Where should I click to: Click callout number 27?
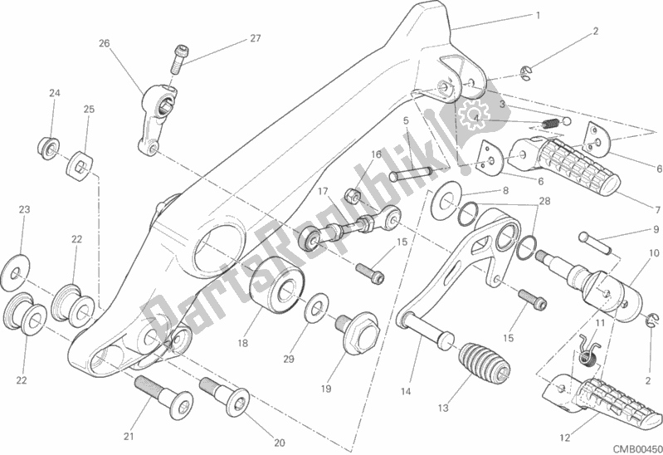click(256, 38)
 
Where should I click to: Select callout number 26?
click(104, 42)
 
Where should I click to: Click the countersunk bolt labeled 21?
click(163, 397)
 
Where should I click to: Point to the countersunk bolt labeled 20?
click(225, 396)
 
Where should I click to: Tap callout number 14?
click(405, 392)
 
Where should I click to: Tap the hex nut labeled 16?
click(353, 196)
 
